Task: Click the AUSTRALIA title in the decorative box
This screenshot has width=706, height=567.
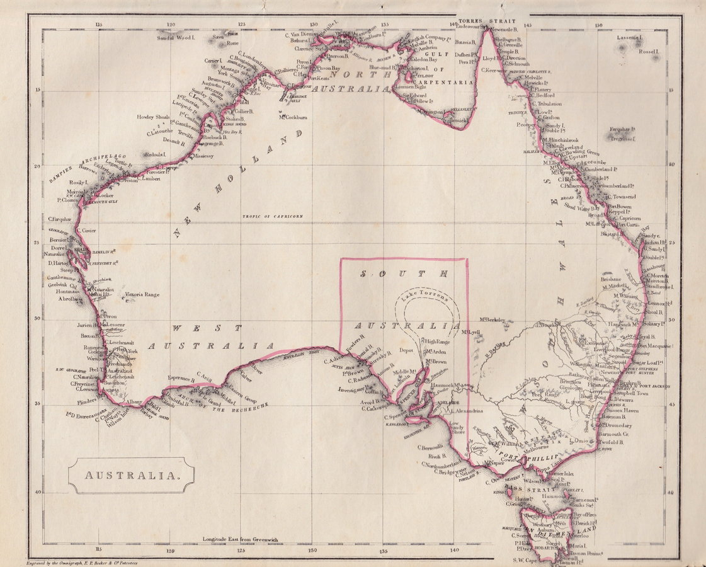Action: pyautogui.click(x=131, y=475)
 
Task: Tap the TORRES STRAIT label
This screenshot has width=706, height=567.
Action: pyautogui.click(x=483, y=21)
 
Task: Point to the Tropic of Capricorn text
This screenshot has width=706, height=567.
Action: pyautogui.click(x=273, y=216)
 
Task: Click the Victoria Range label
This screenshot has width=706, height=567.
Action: pyautogui.click(x=142, y=294)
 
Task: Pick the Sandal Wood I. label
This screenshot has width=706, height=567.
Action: pyautogui.click(x=178, y=38)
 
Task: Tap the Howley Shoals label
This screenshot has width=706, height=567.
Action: pyautogui.click(x=154, y=117)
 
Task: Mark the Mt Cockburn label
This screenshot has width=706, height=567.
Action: pyautogui.click(x=293, y=117)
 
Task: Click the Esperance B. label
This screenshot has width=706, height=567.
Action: pyautogui.click(x=181, y=379)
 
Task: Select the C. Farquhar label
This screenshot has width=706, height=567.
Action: pyautogui.click(x=59, y=219)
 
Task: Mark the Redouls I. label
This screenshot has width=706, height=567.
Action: pyautogui.click(x=155, y=154)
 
